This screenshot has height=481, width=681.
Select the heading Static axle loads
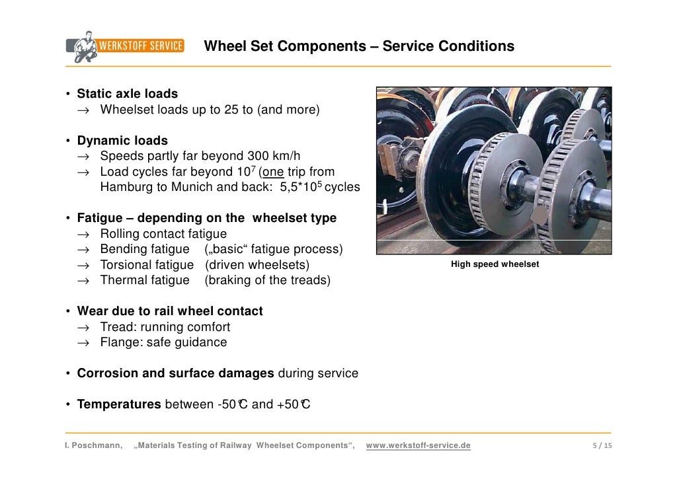tap(127, 94)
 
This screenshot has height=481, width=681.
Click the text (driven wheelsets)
tap(257, 265)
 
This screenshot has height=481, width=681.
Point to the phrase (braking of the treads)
tap(267, 280)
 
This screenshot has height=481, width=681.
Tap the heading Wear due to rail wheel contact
tap(170, 311)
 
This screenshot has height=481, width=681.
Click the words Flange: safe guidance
tap(163, 342)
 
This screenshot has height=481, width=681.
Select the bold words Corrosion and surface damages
tap(175, 373)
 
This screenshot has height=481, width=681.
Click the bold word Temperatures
tap(118, 404)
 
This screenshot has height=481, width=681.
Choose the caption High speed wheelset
tap(495, 264)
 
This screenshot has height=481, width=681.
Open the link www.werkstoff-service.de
tap(418, 446)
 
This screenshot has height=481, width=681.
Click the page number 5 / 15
tap(601, 446)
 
